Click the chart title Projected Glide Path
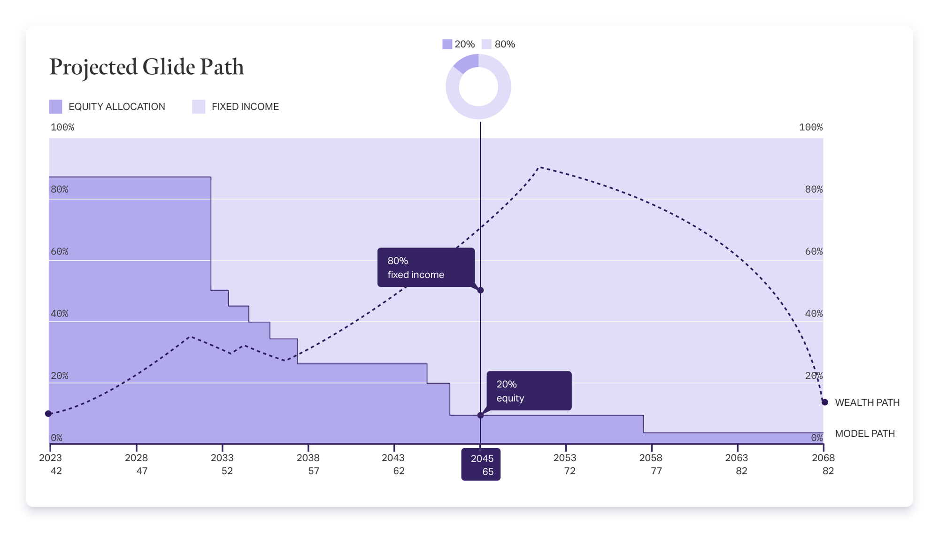pyautogui.click(x=146, y=67)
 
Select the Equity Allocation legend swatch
pyautogui.click(x=55, y=107)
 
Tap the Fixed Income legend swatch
pyautogui.click(x=199, y=107)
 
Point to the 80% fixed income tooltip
pyautogui.click(x=425, y=267)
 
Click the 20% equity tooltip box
pyautogui.click(x=529, y=391)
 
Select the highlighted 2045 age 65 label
pyautogui.click(x=481, y=464)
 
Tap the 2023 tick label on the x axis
pyautogui.click(x=50, y=458)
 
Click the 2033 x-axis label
pyautogui.click(x=222, y=458)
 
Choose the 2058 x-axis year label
pyautogui.click(x=651, y=458)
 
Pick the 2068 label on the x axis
pyautogui.click(x=823, y=458)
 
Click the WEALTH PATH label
pyautogui.click(x=867, y=402)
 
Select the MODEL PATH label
pyautogui.click(x=864, y=433)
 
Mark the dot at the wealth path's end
pyautogui.click(x=824, y=402)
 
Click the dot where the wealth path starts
pyautogui.click(x=48, y=414)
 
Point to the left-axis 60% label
pyautogui.click(x=60, y=252)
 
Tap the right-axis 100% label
pyautogui.click(x=811, y=127)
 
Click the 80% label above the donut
pyautogui.click(x=505, y=44)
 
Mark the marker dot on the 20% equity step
pyautogui.click(x=480, y=415)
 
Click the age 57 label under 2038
pyautogui.click(x=314, y=471)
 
